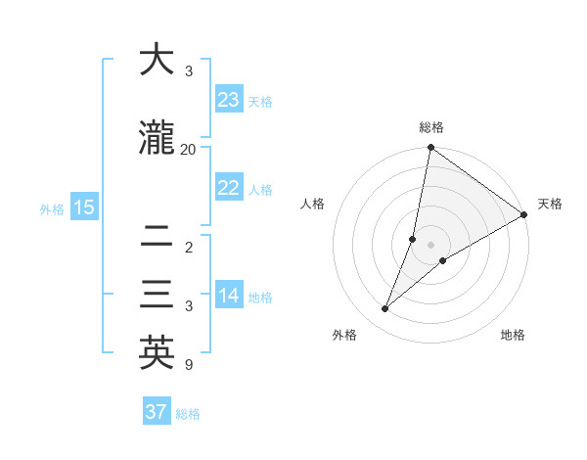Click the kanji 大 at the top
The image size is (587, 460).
[157, 61]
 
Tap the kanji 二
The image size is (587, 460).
[157, 237]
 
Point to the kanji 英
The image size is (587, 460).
[157, 353]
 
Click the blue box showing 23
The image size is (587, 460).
[229, 100]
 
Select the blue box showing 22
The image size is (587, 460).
[229, 189]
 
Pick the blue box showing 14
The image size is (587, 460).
[229, 297]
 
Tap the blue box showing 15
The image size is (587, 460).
[83, 207]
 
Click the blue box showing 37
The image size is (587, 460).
[157, 412]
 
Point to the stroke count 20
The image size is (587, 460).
[188, 150]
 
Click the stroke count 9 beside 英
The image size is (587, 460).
[188, 366]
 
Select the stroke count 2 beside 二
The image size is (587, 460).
[188, 248]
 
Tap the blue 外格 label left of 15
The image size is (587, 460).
[52, 208]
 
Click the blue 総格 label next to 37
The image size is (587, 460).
[188, 414]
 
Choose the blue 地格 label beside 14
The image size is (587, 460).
[260, 298]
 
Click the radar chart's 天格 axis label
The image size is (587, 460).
[550, 204]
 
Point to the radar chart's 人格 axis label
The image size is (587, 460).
[312, 204]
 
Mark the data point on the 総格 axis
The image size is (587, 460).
[430, 148]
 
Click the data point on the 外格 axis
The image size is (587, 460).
[385, 309]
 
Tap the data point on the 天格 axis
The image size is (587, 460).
[524, 215]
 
